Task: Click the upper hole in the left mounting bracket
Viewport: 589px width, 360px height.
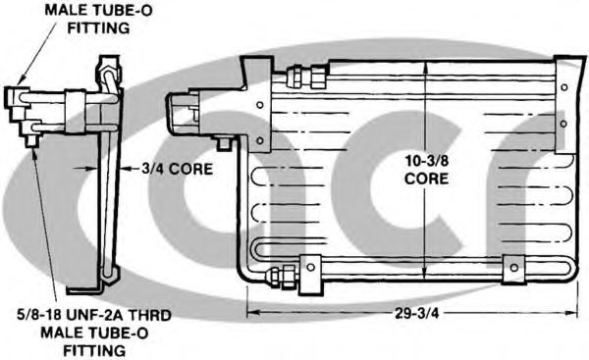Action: point(259,104)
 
